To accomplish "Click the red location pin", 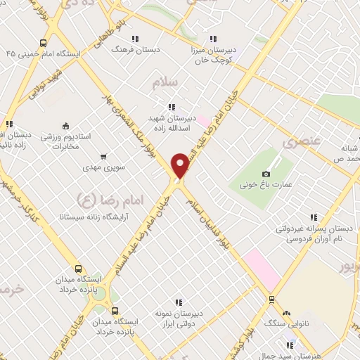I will (181, 165).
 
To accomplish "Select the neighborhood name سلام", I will (167, 83).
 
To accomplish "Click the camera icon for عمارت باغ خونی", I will (266, 174).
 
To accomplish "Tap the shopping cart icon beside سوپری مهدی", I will (104, 156).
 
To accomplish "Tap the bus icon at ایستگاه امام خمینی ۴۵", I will (44, 42).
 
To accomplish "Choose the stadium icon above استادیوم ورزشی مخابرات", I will (66, 125).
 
